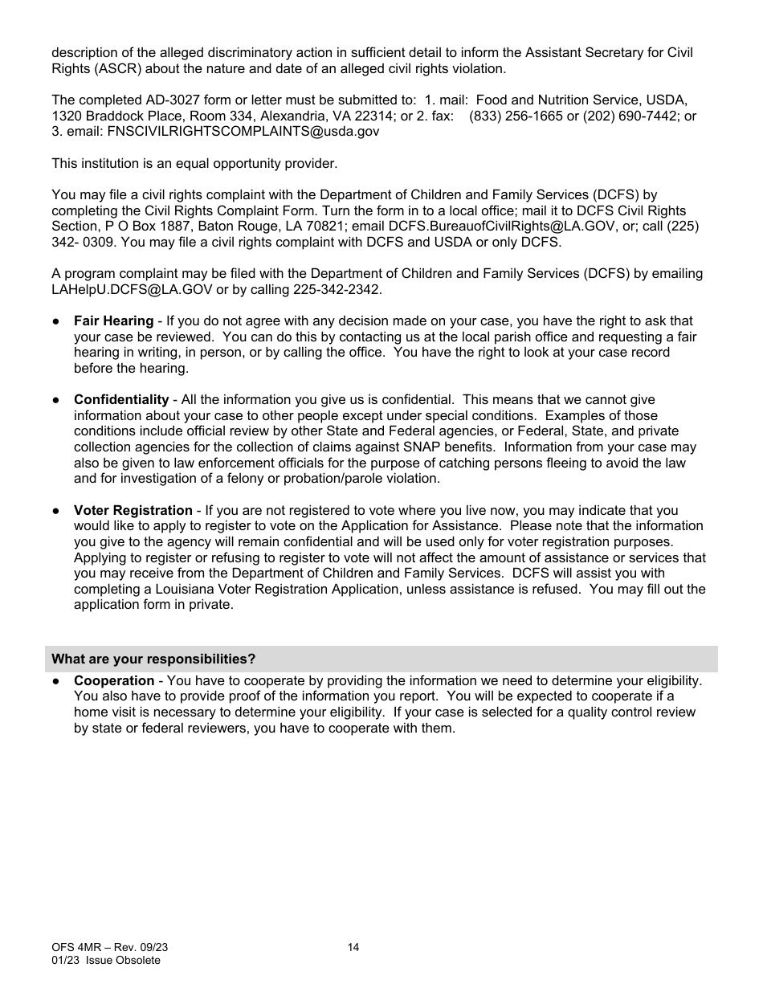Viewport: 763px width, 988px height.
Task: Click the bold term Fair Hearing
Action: point(113,321)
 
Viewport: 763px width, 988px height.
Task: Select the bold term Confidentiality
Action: point(121,400)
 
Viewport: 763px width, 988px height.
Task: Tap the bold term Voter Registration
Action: point(133,511)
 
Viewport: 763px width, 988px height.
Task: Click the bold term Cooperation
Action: point(114,681)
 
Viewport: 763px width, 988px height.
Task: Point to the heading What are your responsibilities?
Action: point(153,659)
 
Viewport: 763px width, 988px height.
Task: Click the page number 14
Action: point(353,948)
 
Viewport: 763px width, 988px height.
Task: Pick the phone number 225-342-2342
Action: point(343,289)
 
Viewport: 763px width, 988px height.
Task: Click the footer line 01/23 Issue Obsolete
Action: point(106,961)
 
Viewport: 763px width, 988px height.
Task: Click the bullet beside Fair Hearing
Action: point(56,321)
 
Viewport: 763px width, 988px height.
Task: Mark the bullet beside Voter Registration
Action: point(56,511)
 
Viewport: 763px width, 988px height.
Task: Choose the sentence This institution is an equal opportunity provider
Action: point(194,164)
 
